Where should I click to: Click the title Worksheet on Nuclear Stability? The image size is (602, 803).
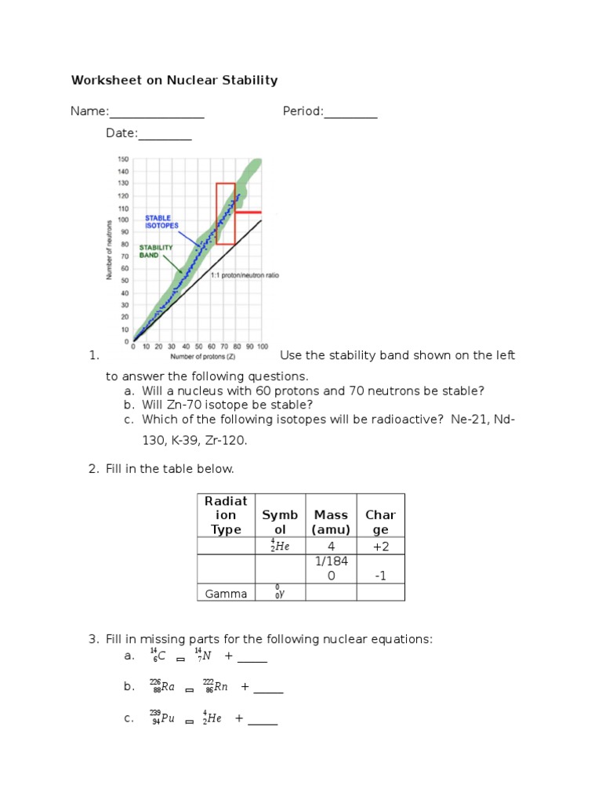click(x=174, y=80)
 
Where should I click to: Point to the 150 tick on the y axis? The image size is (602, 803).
click(x=123, y=159)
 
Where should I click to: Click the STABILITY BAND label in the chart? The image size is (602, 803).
click(x=157, y=251)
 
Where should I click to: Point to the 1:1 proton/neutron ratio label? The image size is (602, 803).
click(x=245, y=275)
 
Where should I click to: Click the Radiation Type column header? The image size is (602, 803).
click(x=226, y=515)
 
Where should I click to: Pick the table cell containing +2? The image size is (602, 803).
click(x=381, y=547)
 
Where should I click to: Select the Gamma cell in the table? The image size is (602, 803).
click(x=226, y=594)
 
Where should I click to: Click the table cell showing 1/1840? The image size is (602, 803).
click(x=331, y=569)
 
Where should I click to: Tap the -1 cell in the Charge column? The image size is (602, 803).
click(x=381, y=576)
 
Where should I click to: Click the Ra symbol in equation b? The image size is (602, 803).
click(x=165, y=688)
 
